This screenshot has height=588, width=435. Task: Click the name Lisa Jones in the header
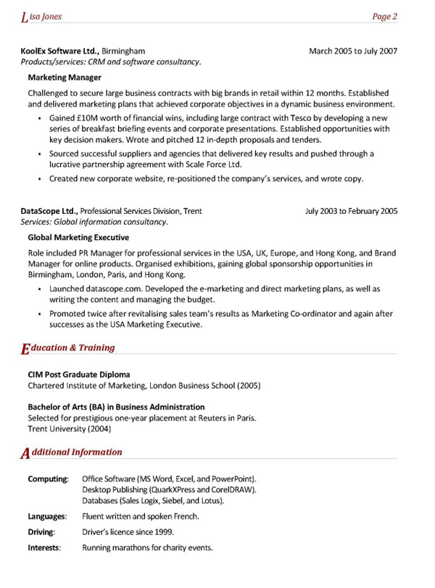click(42, 16)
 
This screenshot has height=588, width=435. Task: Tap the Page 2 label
click(385, 16)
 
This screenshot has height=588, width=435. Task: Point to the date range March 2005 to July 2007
click(353, 51)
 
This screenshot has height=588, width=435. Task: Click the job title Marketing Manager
click(65, 78)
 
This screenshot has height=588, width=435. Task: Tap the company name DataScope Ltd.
click(49, 212)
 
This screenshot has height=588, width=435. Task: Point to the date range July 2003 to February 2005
click(352, 212)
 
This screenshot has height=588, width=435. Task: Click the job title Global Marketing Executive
click(78, 238)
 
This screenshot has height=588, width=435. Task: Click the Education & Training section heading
click(68, 348)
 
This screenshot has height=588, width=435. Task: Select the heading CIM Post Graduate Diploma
click(78, 375)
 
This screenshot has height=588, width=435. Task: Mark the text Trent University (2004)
click(70, 429)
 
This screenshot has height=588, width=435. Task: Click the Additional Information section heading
click(72, 452)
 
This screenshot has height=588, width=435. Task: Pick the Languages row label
click(47, 517)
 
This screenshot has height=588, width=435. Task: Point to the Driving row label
click(43, 532)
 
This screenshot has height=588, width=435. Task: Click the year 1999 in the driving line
click(163, 532)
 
